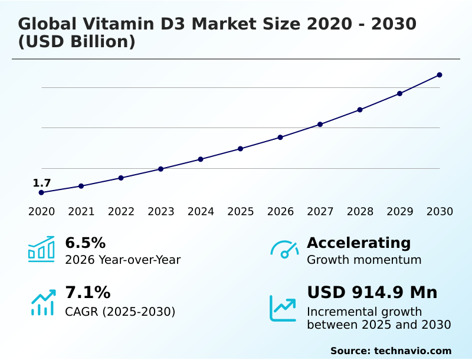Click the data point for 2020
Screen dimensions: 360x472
click(41, 192)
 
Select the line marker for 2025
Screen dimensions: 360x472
click(241, 149)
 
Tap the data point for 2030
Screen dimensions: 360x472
click(440, 75)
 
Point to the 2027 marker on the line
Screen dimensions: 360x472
click(320, 125)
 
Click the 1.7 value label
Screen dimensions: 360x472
click(42, 183)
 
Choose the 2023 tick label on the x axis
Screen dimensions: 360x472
click(161, 212)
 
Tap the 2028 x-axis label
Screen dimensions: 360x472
click(360, 212)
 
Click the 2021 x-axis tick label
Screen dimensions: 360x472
click(81, 212)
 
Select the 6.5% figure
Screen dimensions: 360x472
click(85, 243)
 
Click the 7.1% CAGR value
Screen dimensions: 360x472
click(87, 293)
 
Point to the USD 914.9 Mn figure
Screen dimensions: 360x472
click(372, 293)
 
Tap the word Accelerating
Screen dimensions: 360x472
click(359, 243)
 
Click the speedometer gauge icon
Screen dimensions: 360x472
click(284, 250)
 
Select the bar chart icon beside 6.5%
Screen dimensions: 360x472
click(41, 250)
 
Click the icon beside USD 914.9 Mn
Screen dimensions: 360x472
click(283, 308)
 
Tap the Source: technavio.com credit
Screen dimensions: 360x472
click(391, 351)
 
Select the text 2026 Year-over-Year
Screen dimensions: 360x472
click(123, 260)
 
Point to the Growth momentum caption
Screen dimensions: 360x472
click(364, 260)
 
